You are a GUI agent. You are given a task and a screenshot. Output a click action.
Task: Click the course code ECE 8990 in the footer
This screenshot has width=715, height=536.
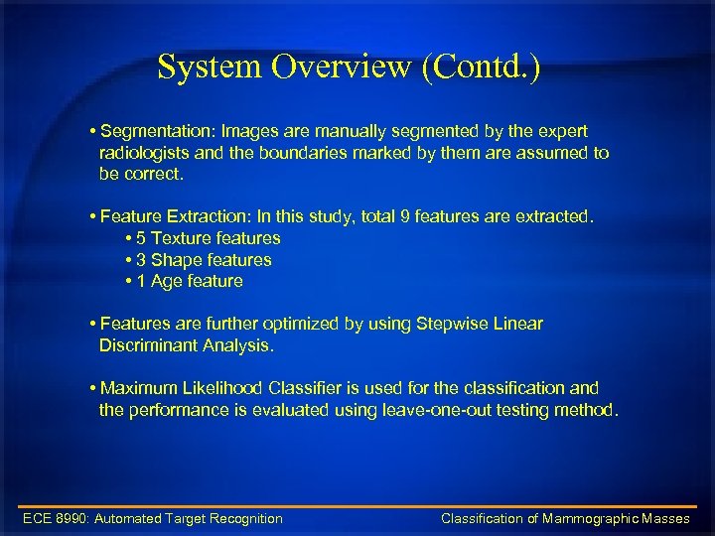tap(54, 518)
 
